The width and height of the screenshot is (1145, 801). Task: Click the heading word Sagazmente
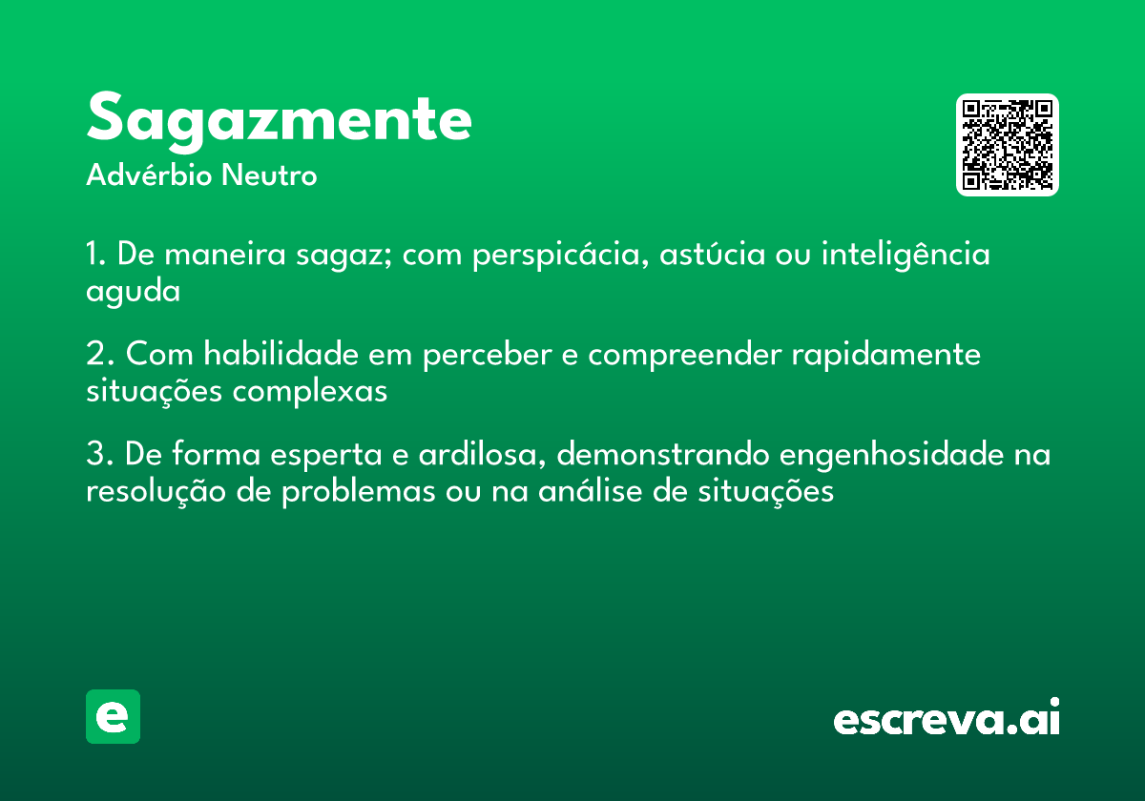click(279, 120)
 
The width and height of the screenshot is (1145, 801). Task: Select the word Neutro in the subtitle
click(269, 175)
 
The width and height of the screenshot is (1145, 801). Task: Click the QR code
click(1008, 145)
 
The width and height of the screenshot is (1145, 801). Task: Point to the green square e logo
click(113, 716)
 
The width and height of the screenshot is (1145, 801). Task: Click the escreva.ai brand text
click(947, 717)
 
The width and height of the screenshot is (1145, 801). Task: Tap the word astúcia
click(712, 254)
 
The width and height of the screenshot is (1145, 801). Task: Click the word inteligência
click(906, 255)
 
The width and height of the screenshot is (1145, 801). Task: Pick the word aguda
click(133, 292)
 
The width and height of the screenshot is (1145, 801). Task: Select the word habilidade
click(281, 353)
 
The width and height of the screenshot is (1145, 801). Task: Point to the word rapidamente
click(885, 355)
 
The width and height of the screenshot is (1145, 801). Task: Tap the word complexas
click(310, 392)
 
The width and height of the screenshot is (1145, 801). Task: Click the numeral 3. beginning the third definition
click(99, 454)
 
